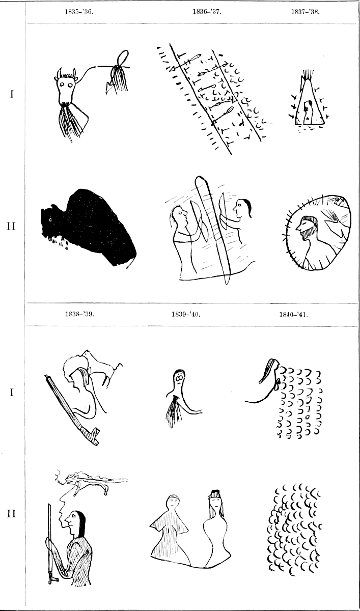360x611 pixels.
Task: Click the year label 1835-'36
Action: click(79, 12)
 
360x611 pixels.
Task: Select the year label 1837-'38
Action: click(305, 12)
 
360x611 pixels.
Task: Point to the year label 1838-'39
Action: click(79, 314)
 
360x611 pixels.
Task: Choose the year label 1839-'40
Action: click(186, 314)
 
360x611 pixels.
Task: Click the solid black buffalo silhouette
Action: click(89, 228)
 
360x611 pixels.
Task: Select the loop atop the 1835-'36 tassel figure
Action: click(123, 58)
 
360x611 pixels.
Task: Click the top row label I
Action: click(11, 94)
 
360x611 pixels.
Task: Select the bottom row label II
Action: click(11, 514)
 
